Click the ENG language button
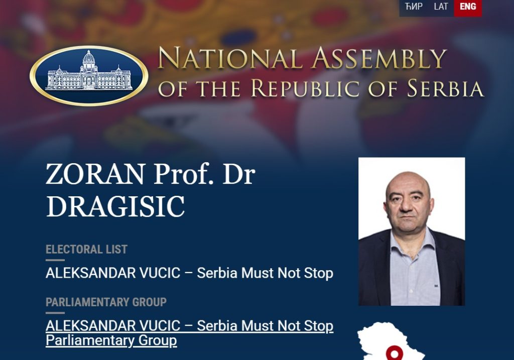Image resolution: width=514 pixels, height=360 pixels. (468, 7)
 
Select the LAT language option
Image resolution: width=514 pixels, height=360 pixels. (441, 7)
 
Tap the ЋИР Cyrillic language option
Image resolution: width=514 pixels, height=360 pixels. (414, 7)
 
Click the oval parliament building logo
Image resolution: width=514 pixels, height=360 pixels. (89, 75)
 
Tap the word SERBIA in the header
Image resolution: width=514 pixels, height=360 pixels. (445, 88)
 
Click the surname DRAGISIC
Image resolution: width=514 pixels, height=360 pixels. (115, 206)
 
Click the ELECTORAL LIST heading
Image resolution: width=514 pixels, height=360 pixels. (86, 250)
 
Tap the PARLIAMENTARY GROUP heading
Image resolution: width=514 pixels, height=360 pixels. (106, 302)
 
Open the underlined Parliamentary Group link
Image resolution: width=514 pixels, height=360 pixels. (189, 333)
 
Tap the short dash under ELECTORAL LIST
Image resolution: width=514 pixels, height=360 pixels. (55, 260)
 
